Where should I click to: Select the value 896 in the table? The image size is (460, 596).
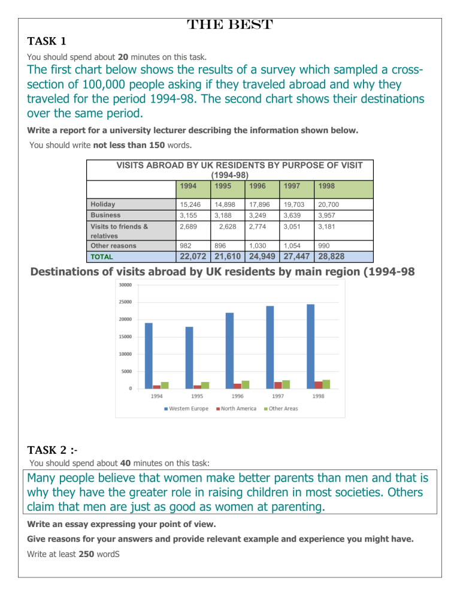pos(215,246)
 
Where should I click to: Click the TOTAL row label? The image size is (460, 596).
pos(102,257)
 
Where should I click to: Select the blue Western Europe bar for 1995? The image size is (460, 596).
pos(189,357)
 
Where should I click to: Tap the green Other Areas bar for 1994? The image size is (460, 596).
pos(165,385)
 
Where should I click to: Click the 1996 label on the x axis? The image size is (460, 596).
pos(237,396)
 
